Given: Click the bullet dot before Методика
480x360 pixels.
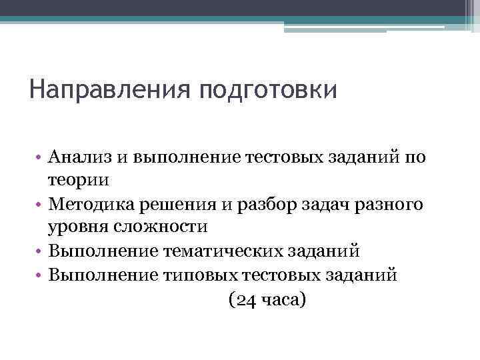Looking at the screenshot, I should (40, 204).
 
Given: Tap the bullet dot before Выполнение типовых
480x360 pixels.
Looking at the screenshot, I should (40, 275).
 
